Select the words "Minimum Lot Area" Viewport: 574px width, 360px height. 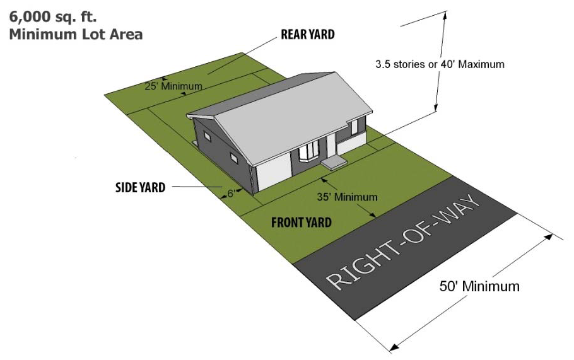coord(76,34)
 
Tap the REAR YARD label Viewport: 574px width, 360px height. coord(307,35)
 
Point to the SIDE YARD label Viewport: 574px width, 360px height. coord(140,187)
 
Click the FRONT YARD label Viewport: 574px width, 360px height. coord(301,222)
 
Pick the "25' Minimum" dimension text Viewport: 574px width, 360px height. coord(173,86)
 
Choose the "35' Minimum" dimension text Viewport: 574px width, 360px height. coord(347,197)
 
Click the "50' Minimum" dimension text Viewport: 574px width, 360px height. coord(479,286)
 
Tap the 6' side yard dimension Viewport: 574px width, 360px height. coord(230,194)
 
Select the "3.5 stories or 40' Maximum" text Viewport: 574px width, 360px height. coord(440,64)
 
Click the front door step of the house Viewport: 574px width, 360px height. coord(333,163)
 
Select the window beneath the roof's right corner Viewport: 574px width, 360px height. coord(354,127)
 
